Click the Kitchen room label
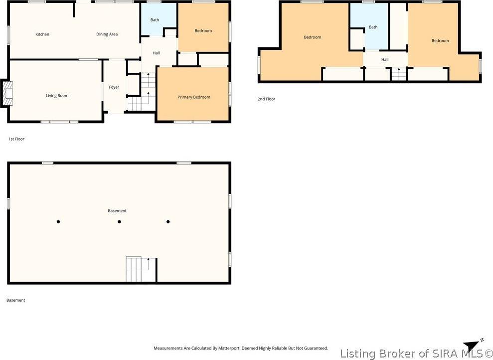tap(42, 34)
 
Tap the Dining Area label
tap(107, 34)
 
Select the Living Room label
tap(57, 96)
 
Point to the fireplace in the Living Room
tap(7, 93)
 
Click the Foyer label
tap(114, 87)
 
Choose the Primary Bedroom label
tap(194, 97)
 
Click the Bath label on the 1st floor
tap(155, 20)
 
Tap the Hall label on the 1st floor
tap(156, 53)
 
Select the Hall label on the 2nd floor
tap(385, 59)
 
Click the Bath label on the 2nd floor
tap(373, 27)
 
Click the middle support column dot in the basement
tap(119, 222)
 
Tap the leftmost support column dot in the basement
tap(58, 222)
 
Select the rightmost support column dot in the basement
tap(168, 222)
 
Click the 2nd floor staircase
tap(399, 74)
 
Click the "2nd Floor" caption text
tap(266, 99)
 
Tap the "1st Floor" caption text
tap(16, 139)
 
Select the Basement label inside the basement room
tap(117, 210)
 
